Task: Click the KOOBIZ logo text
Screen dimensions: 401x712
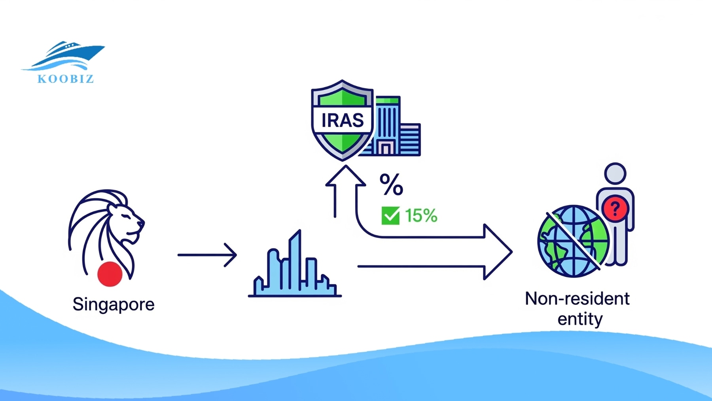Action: click(x=66, y=79)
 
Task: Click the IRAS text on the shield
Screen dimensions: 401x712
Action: click(x=343, y=120)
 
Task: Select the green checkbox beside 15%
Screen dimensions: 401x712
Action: click(x=390, y=216)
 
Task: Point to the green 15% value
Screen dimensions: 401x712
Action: click(x=421, y=216)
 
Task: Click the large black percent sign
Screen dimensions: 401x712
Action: click(x=391, y=184)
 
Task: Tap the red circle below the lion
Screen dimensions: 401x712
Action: click(x=110, y=274)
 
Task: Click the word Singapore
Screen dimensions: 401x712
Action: click(x=114, y=304)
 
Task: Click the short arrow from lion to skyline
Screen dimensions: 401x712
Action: click(x=207, y=255)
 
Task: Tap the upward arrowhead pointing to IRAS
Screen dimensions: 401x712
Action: click(x=345, y=176)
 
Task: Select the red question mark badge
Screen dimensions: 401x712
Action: click(x=615, y=208)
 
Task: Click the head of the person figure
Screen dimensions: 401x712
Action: click(x=615, y=173)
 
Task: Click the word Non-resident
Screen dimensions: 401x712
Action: click(x=577, y=299)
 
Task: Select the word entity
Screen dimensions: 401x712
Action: click(x=580, y=319)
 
